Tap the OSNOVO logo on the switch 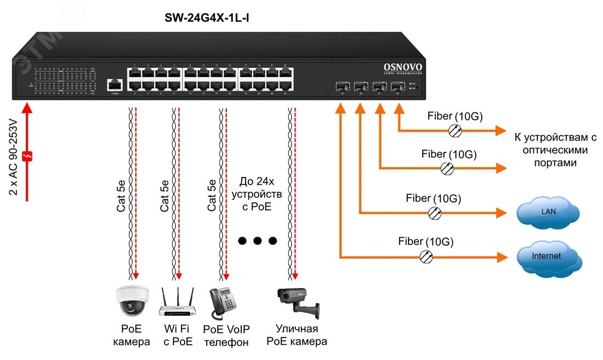coord(402,68)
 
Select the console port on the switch coord(115,84)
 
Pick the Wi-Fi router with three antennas coord(178,303)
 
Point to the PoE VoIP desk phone coord(223,302)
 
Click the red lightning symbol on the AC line coord(26,156)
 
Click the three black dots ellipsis coord(257,241)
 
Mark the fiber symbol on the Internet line coord(426,256)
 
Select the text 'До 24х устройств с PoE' coord(257,194)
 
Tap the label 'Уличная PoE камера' coord(297,335)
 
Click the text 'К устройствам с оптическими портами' coord(554,150)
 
